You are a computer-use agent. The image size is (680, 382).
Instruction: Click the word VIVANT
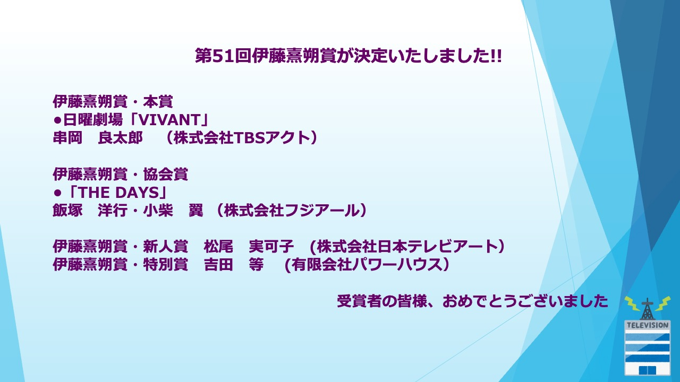click(x=169, y=120)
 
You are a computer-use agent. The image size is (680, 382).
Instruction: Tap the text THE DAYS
click(x=118, y=193)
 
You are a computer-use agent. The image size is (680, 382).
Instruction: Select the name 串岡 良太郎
click(x=98, y=137)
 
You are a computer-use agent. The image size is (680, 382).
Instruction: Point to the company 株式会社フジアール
click(x=292, y=211)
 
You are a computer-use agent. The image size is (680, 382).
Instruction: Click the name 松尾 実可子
click(x=249, y=246)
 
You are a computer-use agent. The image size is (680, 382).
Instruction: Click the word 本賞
click(x=158, y=101)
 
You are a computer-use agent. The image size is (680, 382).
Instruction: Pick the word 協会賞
click(x=165, y=175)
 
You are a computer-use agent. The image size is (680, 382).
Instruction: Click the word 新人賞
click(x=165, y=246)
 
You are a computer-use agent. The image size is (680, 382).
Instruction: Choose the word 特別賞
click(x=165, y=264)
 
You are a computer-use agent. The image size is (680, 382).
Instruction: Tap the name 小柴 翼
click(x=173, y=211)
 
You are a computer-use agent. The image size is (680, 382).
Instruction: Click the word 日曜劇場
click(x=93, y=120)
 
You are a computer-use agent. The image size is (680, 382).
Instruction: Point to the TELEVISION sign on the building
click(x=648, y=325)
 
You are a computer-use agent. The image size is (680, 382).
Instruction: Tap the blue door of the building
click(x=648, y=370)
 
